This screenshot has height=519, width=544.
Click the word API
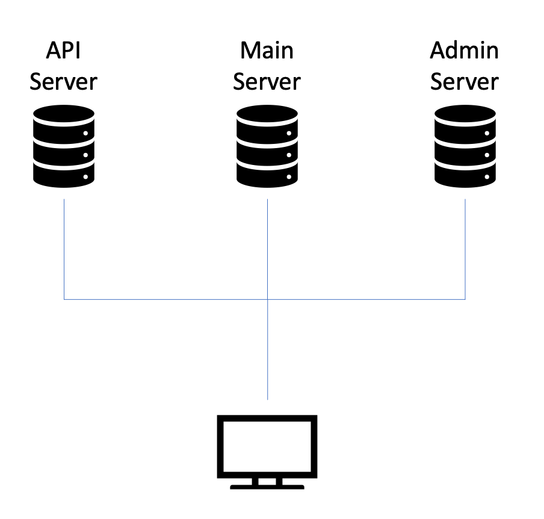click(63, 51)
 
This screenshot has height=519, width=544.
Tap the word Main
click(267, 51)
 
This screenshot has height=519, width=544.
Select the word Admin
click(465, 51)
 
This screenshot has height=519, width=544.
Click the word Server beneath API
click(63, 82)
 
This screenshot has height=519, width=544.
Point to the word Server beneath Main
click(267, 82)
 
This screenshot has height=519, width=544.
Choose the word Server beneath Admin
click(465, 82)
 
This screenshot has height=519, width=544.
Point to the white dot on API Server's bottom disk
click(86, 178)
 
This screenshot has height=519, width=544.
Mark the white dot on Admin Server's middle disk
click(487, 155)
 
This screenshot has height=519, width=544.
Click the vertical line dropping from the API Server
click(64, 247)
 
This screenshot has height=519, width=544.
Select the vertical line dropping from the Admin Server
click(465, 247)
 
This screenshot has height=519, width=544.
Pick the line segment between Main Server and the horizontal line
click(267, 247)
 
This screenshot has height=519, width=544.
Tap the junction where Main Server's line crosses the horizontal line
click(267, 299)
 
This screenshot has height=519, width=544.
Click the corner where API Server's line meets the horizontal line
click(64, 299)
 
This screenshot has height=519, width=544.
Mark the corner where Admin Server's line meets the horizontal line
click(465, 299)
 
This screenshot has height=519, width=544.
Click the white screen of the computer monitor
click(267, 446)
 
